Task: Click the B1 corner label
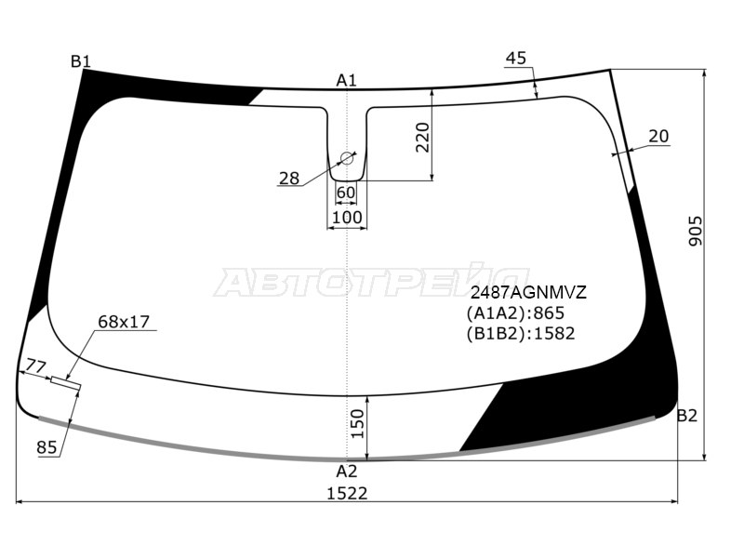81,62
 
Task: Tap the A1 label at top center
346,80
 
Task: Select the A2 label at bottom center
346,471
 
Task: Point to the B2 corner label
686,416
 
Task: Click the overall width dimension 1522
346,493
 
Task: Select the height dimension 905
696,232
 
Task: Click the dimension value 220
423,138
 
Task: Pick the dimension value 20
658,137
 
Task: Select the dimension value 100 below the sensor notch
347,218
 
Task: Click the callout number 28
289,179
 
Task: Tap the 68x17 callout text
124,323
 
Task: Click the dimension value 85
47,448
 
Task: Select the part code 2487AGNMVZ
526,293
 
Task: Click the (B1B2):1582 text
521,333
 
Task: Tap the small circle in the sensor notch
347,158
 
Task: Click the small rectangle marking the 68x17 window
66,382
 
